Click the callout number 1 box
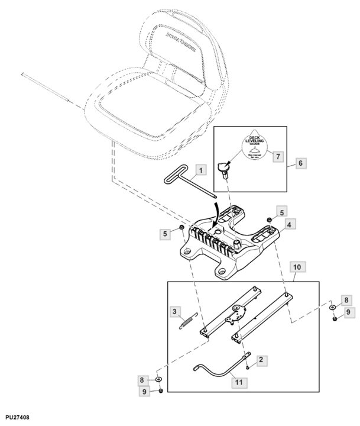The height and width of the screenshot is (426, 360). (200, 171)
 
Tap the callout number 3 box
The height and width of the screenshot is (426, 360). (174, 311)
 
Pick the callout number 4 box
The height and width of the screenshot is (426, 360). (288, 225)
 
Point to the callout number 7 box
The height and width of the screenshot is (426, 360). (275, 156)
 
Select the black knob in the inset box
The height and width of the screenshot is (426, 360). (224, 169)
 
